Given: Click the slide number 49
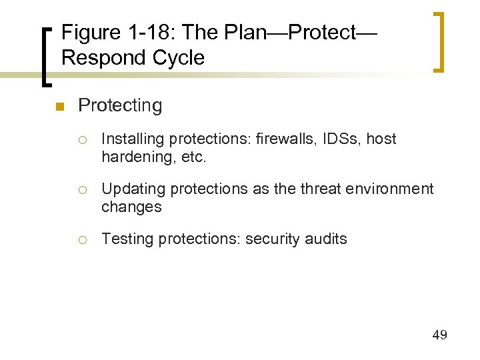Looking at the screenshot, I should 439,335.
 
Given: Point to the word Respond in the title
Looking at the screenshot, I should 102,58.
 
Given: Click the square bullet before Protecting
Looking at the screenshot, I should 59,107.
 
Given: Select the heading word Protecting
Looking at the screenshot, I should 120,105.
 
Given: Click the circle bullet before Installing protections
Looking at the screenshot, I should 83,140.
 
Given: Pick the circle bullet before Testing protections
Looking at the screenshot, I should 83,240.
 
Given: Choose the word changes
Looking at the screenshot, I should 131,207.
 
